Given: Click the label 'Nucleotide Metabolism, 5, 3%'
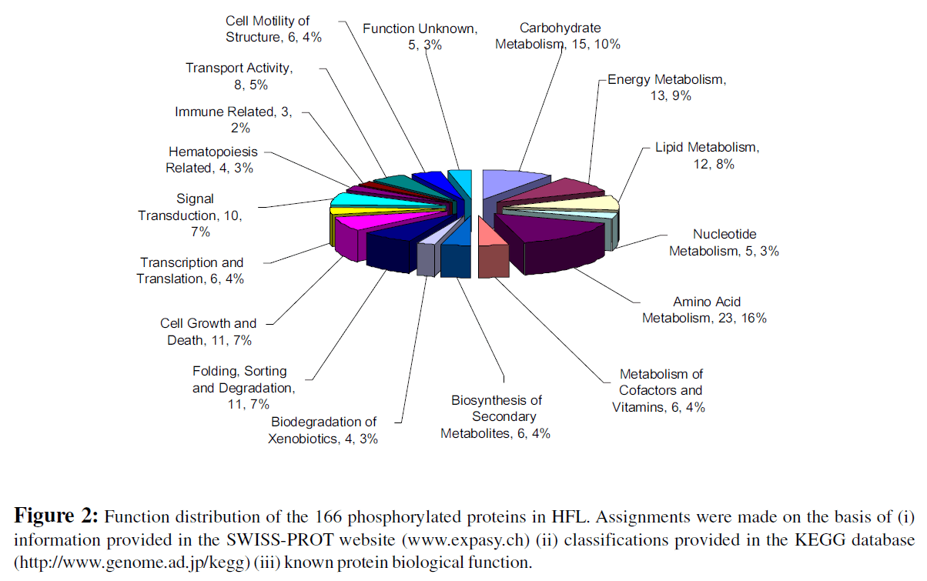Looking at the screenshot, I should coord(724,242).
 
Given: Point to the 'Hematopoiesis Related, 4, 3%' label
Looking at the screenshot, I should coord(212,160).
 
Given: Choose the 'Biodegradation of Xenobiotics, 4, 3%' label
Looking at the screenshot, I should coord(323,430).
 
